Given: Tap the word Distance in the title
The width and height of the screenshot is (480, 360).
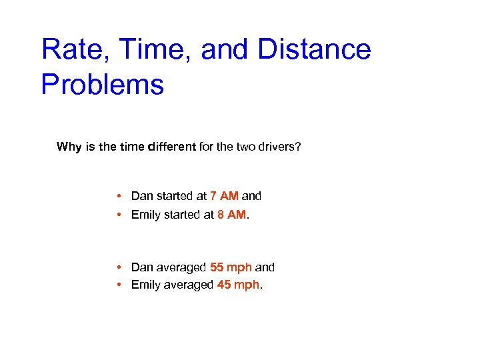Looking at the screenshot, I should [313, 50].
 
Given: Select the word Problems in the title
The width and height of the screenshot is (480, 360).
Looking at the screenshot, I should [102, 85].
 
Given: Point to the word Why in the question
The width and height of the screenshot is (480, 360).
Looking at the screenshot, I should [69, 147].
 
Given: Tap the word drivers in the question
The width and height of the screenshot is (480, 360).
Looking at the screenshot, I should [276, 147].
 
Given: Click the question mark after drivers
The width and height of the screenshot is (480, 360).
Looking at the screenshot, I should [298, 147].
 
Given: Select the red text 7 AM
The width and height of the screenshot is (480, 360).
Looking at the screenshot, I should [224, 196].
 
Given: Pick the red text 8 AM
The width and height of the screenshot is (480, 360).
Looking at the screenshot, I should [231, 215].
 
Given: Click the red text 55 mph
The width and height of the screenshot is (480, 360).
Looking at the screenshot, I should [231, 267].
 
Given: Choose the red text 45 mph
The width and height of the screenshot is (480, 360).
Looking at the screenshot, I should [238, 285].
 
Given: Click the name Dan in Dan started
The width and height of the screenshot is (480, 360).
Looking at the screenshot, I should [142, 196].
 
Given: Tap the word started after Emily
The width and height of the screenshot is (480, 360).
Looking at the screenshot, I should [184, 215].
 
